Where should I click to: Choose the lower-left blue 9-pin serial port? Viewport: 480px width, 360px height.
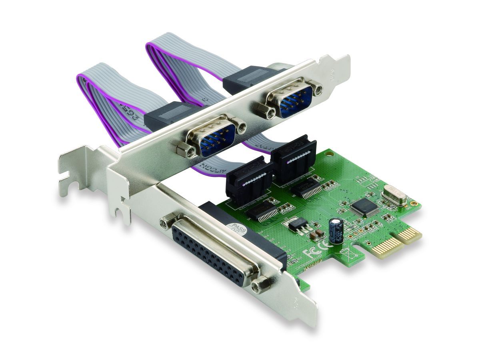(x=215, y=136)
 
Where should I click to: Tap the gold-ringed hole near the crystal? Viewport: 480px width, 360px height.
(x=413, y=204)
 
